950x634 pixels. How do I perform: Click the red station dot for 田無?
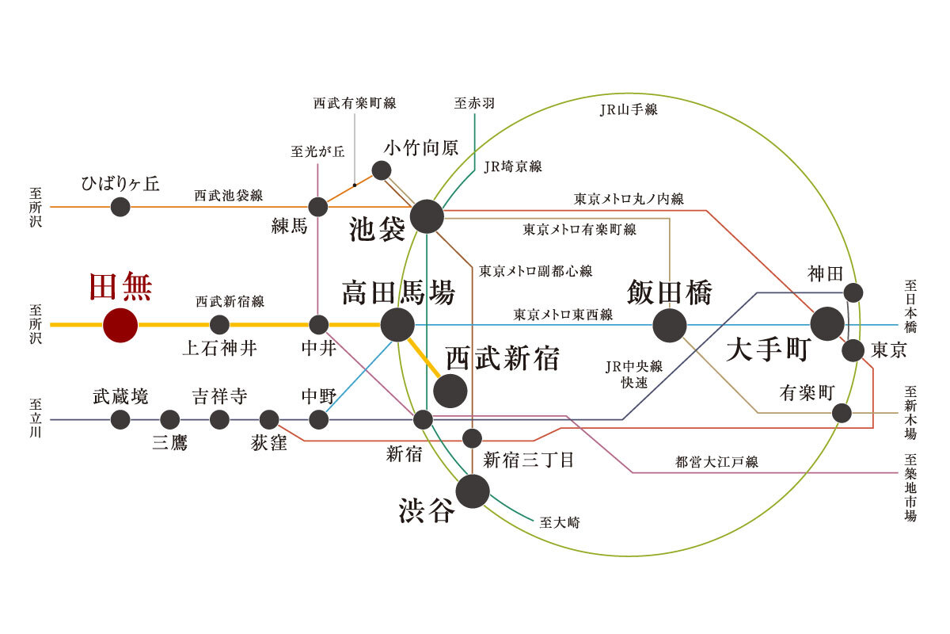tap(120, 325)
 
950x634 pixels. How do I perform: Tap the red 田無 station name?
tap(120, 287)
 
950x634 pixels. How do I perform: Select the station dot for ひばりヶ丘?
tap(120, 207)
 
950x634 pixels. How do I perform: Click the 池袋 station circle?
tap(427, 216)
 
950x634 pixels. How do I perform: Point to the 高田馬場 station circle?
tap(397, 325)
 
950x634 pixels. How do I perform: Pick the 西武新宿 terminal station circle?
tap(450, 391)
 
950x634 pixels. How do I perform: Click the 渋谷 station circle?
tap(473, 491)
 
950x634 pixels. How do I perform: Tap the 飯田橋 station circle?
tap(670, 325)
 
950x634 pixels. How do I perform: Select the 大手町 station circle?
tap(827, 323)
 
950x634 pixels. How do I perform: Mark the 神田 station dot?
tap(853, 292)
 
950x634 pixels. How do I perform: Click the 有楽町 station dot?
tap(842, 413)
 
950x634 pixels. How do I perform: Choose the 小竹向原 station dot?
tap(382, 170)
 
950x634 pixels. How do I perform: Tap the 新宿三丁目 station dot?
tap(472, 438)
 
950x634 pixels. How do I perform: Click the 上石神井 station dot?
tap(219, 325)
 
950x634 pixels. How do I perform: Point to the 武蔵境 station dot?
tap(120, 419)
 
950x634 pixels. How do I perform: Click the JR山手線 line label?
tap(629, 110)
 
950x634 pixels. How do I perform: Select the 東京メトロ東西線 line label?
tap(563, 315)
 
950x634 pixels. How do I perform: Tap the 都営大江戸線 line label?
tap(716, 462)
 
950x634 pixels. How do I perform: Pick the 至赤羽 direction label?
tap(474, 103)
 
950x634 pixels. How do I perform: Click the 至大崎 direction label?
tap(560, 522)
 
